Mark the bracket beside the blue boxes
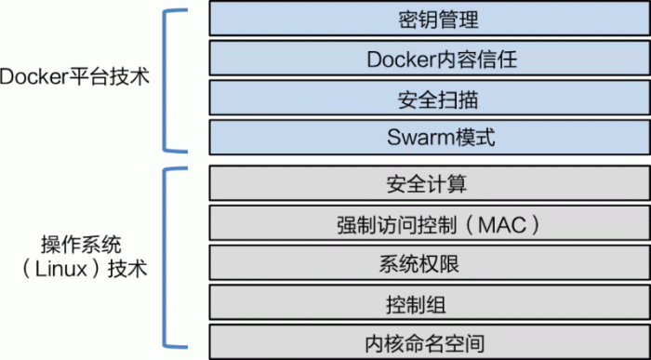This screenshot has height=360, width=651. click(170, 79)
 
